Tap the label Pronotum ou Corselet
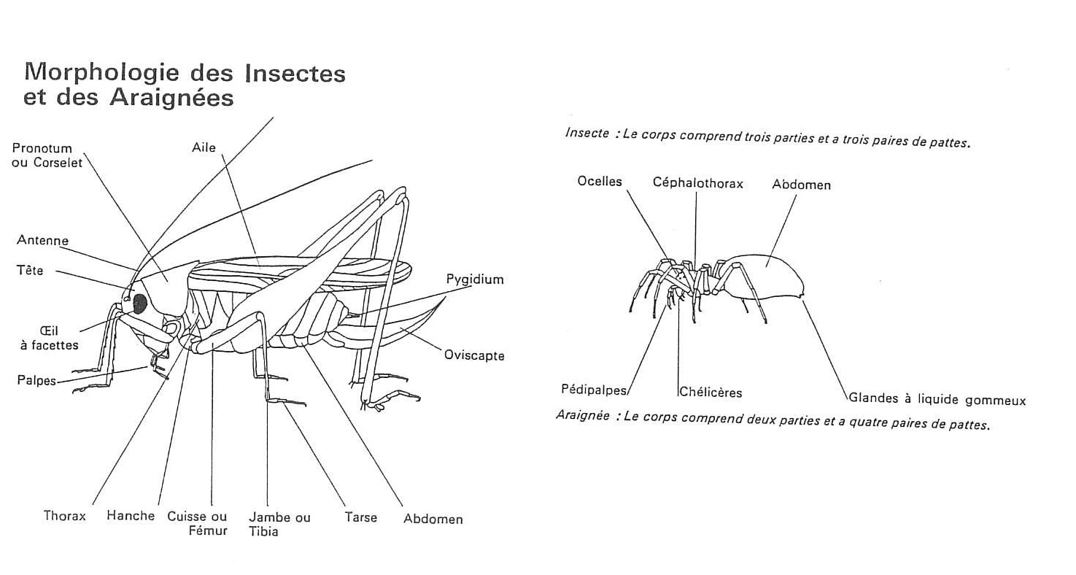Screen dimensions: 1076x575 47,155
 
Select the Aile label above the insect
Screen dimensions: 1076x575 204,148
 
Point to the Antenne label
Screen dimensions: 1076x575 43,240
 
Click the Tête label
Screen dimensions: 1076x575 30,270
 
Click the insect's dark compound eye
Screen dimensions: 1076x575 140,304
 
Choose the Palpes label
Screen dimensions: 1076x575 36,380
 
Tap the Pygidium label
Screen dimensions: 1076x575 475,279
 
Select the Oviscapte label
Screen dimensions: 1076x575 474,355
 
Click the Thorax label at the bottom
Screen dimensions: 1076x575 65,516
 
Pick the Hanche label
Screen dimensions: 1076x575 131,516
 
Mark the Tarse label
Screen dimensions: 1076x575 361,517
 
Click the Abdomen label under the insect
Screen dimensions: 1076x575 433,520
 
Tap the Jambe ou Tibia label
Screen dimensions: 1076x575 279,525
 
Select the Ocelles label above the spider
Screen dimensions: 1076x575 600,182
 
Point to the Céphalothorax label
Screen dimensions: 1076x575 697,183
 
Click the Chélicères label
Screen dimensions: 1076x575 711,393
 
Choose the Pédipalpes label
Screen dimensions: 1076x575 594,390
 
